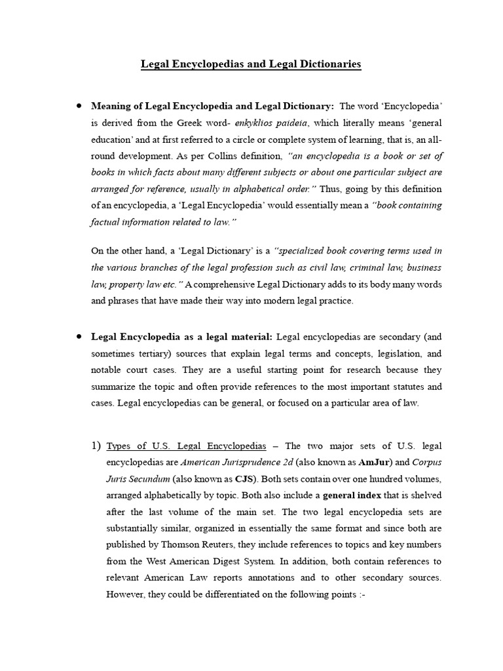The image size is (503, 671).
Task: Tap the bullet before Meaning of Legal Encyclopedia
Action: (x=78, y=105)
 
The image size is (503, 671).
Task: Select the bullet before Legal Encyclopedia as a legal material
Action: (x=78, y=335)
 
